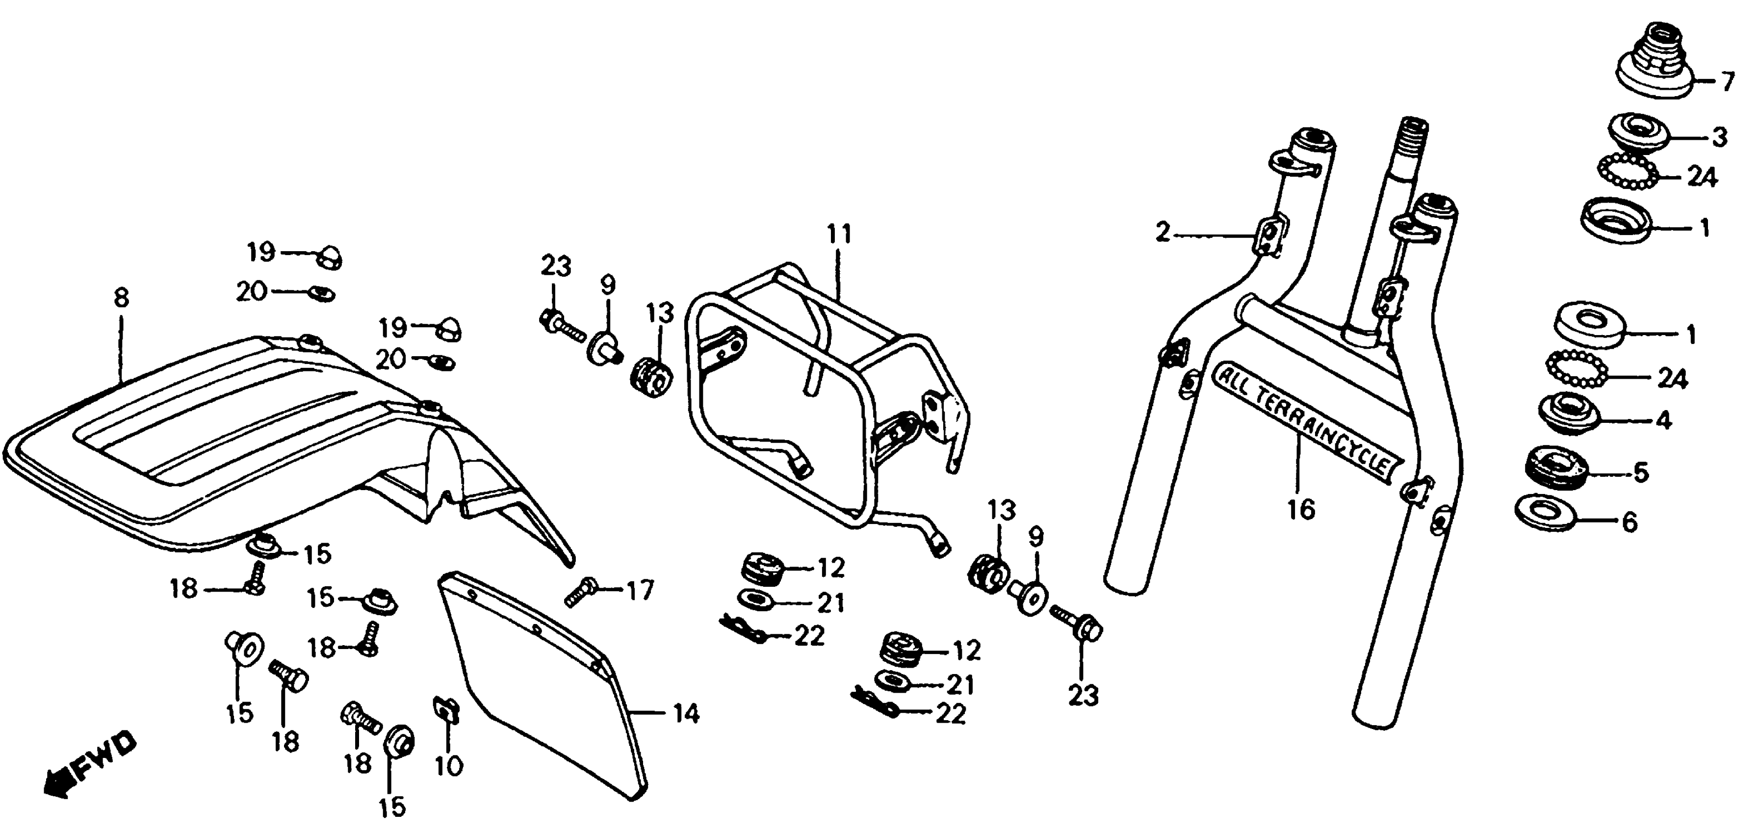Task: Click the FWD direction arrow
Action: click(89, 765)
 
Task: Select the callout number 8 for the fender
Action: click(122, 299)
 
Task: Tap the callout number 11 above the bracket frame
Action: click(839, 235)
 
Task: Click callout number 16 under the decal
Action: click(1301, 509)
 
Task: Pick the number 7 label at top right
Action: click(1727, 82)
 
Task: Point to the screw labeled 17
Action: click(582, 591)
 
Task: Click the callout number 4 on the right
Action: click(1663, 420)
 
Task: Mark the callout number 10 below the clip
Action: click(448, 766)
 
